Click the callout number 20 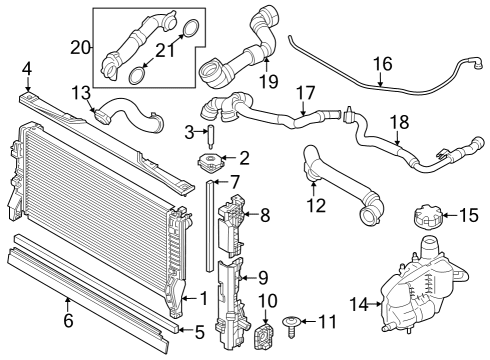[x=81, y=47]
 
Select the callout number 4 [x=27, y=68]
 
